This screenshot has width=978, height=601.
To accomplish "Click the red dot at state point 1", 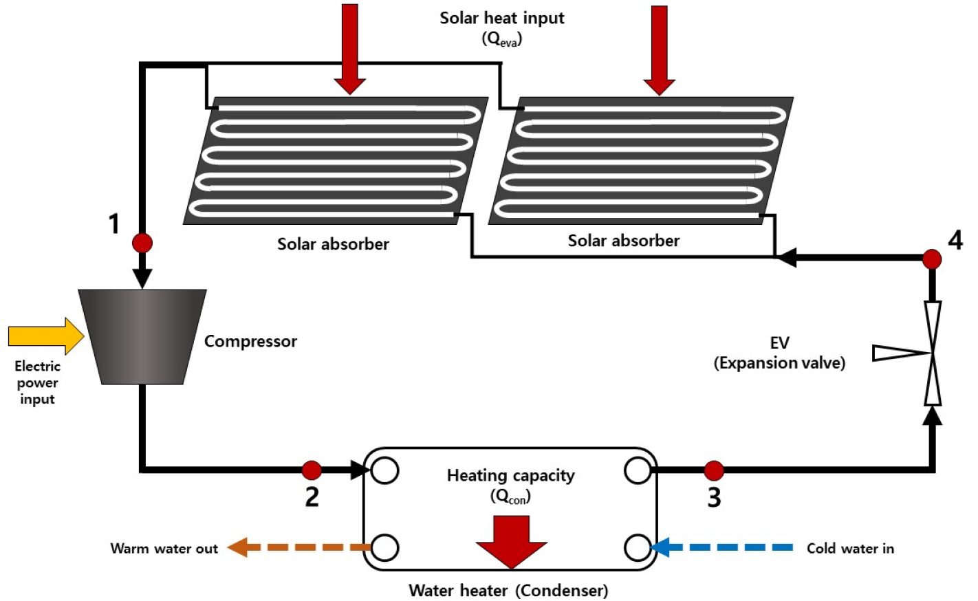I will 142,243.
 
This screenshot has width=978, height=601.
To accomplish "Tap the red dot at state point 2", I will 312,470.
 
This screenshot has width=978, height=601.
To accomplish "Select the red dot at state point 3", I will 714,471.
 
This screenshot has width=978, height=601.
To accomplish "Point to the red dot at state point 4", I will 932,259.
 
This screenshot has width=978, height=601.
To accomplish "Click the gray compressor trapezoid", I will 142,336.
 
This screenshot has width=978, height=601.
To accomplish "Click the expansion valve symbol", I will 932,353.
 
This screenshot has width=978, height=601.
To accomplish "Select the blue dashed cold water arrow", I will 722,547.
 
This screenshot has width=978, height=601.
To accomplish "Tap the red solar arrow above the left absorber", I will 350,48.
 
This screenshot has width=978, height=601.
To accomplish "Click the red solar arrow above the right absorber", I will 659,50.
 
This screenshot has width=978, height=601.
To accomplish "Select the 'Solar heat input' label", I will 502,19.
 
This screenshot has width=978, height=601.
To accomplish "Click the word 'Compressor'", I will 250,341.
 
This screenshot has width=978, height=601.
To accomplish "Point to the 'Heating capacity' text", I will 510,475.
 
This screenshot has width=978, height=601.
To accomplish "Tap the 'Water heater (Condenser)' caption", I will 508,590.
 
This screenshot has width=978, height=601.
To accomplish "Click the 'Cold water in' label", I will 850,548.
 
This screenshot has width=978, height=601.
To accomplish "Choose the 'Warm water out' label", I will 164,548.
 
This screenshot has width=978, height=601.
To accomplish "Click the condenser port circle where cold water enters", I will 638,548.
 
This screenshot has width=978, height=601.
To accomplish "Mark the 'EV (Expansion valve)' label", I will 779,353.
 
